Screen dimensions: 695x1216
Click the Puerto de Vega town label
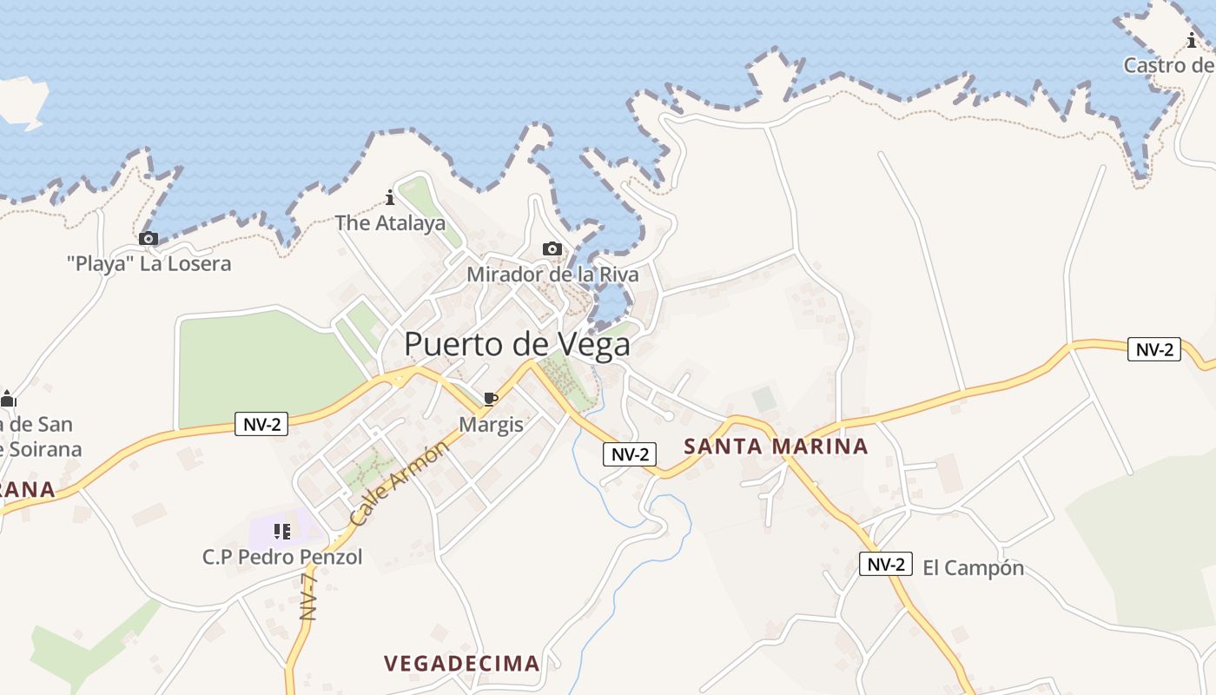(x=517, y=345)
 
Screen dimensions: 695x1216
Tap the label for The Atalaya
(x=390, y=223)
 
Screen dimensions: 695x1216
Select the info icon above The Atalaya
(x=390, y=197)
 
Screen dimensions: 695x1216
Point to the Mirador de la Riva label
(x=552, y=275)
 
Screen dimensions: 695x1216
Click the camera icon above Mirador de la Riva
(x=552, y=249)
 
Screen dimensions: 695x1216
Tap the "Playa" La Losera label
(x=149, y=263)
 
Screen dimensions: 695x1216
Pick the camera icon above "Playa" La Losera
(x=149, y=238)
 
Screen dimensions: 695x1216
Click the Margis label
(x=491, y=424)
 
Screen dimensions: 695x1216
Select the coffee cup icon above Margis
(x=490, y=399)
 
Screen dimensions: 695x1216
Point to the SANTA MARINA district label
(x=776, y=447)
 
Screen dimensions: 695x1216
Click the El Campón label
(x=973, y=568)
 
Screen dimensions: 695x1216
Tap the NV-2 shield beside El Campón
(x=886, y=564)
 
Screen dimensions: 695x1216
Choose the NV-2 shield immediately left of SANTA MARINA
(x=630, y=453)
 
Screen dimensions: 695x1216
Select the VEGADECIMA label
(x=462, y=664)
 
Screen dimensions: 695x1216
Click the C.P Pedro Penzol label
(x=282, y=557)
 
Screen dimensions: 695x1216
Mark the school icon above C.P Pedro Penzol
(x=281, y=531)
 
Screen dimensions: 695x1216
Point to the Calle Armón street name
(x=400, y=482)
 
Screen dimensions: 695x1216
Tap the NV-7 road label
(x=308, y=596)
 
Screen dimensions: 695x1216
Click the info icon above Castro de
(x=1192, y=40)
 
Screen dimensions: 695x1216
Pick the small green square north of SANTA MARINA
(x=764, y=400)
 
